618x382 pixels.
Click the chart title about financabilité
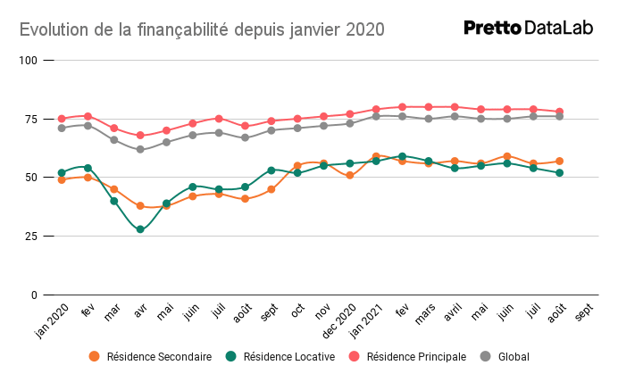202,29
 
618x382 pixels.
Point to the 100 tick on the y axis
29,61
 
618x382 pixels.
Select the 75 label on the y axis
31,120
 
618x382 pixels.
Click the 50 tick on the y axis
31,178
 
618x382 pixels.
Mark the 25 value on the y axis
31,237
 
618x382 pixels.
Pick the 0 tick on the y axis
34,295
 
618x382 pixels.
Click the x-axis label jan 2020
52,317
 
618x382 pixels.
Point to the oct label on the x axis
298,310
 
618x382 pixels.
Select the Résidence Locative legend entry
280,356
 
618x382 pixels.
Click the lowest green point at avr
140,229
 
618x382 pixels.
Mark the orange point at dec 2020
350,175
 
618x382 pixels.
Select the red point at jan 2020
62,119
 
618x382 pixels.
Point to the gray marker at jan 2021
376,116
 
